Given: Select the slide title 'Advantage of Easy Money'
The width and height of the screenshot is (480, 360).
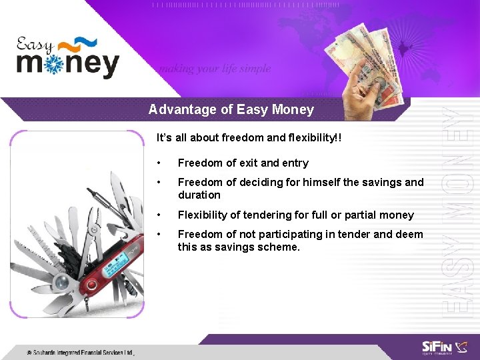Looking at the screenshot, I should pyautogui.click(x=231, y=109).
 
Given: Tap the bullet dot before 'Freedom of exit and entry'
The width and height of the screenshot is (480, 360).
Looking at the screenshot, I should pyautogui.click(x=159, y=163).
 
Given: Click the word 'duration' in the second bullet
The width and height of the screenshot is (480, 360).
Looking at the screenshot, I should pyautogui.click(x=199, y=195).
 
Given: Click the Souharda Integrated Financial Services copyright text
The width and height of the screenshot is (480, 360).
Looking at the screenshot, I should pyautogui.click(x=80, y=352).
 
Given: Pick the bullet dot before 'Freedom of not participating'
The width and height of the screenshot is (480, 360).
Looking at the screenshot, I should pyautogui.click(x=159, y=235).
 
